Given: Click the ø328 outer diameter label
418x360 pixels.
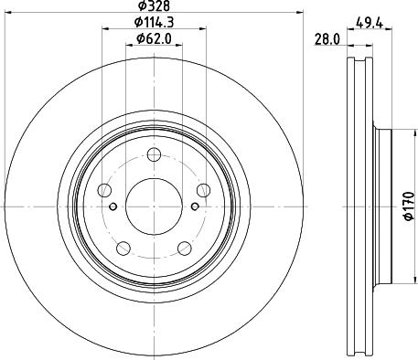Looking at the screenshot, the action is (154, 5).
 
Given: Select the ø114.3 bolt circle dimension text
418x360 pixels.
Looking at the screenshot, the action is (155, 22).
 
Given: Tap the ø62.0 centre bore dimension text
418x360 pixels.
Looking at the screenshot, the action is (155, 38).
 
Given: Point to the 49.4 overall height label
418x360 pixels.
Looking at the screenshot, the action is (370, 23).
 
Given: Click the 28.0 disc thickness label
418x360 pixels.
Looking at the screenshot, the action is (327, 39).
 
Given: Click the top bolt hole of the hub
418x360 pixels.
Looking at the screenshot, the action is (154, 154).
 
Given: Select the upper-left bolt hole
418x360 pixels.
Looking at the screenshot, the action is (104, 190).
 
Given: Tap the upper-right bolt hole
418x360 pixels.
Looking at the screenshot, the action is (204, 190).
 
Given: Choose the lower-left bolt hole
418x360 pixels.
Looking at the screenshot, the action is (123, 249).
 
